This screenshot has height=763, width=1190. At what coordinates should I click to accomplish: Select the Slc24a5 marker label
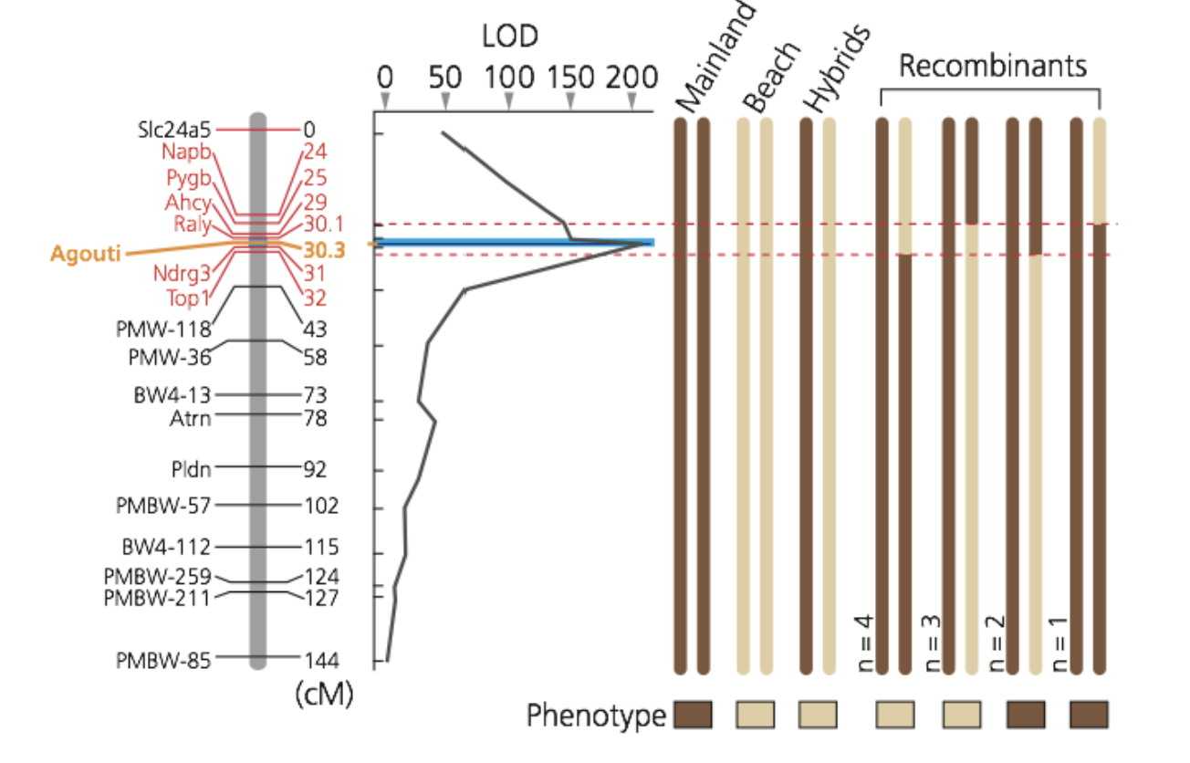coord(174,129)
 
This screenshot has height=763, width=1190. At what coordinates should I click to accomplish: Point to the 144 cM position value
coord(321,660)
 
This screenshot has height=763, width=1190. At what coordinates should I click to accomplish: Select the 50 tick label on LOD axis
coord(445,77)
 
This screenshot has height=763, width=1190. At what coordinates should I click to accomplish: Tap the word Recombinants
coord(993,65)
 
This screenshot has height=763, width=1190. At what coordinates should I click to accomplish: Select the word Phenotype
coord(596,716)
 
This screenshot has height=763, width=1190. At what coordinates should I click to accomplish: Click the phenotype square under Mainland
coord(692,715)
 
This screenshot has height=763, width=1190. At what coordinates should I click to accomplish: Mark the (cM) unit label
coord(324,695)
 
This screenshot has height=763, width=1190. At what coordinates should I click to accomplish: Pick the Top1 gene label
coord(189,297)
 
